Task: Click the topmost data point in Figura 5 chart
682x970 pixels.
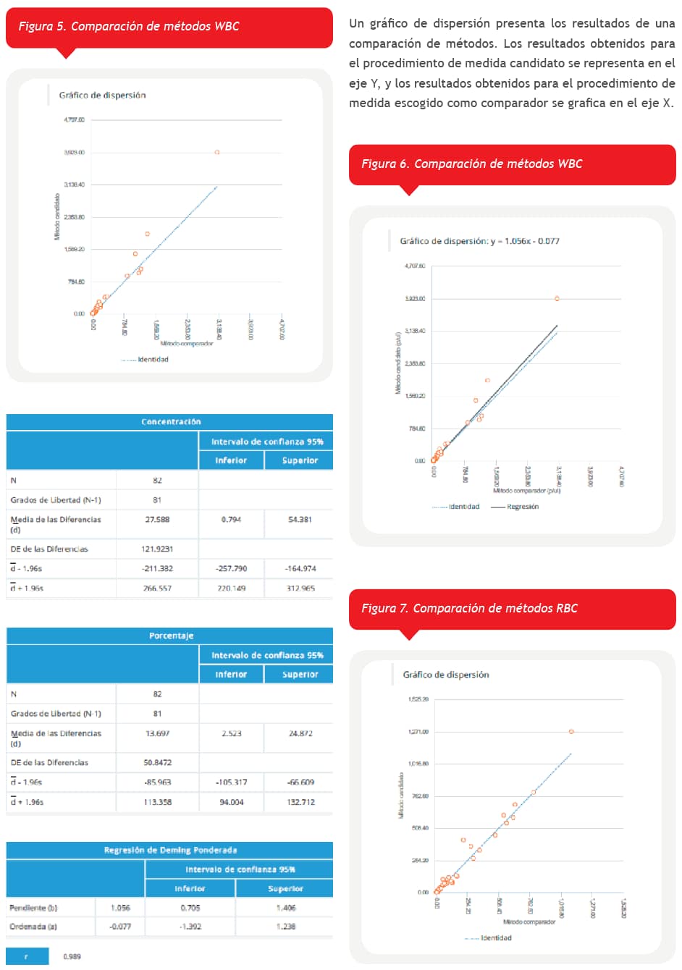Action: [x=217, y=152]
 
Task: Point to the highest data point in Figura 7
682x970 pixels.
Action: [x=571, y=732]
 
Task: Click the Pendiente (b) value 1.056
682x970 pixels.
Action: [x=120, y=908]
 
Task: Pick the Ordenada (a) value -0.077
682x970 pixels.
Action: [x=120, y=927]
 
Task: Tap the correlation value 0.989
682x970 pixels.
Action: [x=72, y=957]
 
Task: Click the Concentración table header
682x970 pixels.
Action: [x=170, y=422]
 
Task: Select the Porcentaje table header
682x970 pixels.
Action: [x=171, y=636]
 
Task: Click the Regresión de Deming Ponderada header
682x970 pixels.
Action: [x=170, y=850]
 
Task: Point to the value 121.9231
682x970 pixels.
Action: [x=157, y=549]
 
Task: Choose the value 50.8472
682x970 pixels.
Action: [x=157, y=762]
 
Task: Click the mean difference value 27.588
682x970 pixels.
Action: [x=157, y=520]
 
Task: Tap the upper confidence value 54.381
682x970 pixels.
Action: [x=300, y=520]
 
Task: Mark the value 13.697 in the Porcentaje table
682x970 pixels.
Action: [x=157, y=733]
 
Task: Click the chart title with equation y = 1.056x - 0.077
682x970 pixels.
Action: [x=479, y=241]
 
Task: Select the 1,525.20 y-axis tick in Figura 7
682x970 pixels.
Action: [x=418, y=699]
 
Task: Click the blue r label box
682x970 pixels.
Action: [x=27, y=957]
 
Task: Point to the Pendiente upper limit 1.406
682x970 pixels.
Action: [x=286, y=908]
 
